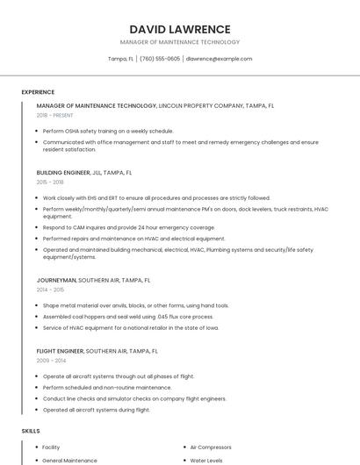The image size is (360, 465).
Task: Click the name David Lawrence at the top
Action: click(179, 29)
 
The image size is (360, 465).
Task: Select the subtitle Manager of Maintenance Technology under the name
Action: click(179, 42)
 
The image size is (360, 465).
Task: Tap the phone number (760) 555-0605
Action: click(160, 59)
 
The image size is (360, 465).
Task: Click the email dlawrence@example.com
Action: click(219, 59)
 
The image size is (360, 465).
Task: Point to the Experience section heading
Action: click(38, 92)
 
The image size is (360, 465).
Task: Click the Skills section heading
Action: click(31, 432)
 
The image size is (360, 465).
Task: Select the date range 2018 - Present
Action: click(54, 115)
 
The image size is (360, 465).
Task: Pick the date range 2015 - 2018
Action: click(50, 182)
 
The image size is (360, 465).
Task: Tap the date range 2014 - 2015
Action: click(50, 290)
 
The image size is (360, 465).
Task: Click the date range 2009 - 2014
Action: click(50, 361)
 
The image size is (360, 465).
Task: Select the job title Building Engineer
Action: click(62, 173)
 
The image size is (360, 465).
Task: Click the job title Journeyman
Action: click(56, 280)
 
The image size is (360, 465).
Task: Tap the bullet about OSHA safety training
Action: click(108, 131)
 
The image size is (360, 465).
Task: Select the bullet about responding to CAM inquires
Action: click(128, 227)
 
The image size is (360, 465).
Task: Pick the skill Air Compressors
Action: click(212, 447)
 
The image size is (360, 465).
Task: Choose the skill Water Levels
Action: click(206, 460)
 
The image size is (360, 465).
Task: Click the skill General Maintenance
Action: click(69, 460)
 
